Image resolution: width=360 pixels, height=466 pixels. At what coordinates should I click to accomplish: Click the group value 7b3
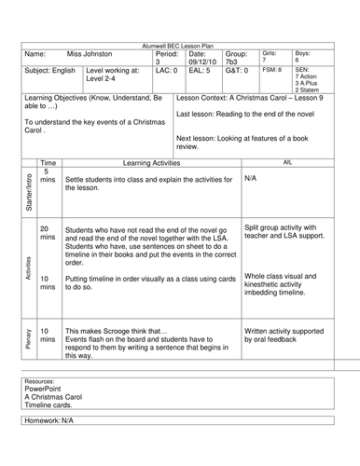coord(235,62)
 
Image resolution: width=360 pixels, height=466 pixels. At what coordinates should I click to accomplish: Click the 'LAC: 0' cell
coord(165,71)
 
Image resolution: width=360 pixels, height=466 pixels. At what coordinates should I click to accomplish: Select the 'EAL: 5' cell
coord(199,71)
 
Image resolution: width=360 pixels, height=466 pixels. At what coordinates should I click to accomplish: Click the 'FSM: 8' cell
coord(272,70)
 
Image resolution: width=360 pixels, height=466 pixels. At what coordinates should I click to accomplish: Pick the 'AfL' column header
coord(287,161)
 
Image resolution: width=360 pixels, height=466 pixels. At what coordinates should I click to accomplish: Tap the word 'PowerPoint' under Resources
coord(47,389)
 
